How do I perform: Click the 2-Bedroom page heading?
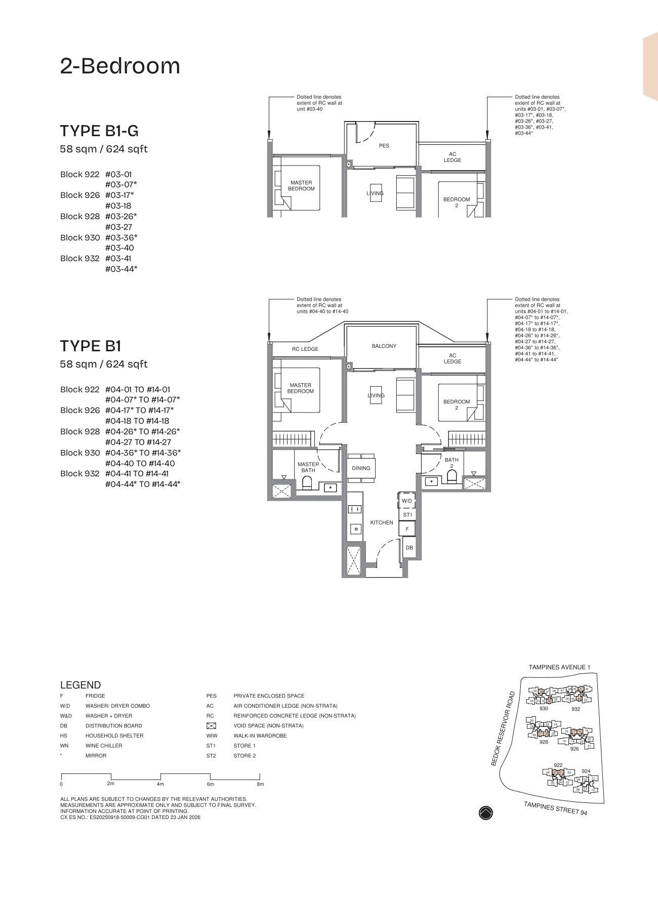(120, 66)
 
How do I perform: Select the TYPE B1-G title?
(99, 131)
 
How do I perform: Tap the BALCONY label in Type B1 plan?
(384, 346)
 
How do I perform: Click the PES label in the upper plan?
(384, 146)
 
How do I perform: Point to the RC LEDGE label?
(305, 349)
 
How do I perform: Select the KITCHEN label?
(381, 522)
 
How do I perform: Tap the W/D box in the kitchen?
(407, 501)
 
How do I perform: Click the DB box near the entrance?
(409, 548)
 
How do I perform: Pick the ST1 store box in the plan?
(407, 515)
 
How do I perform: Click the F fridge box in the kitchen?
(407, 529)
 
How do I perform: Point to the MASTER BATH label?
(308, 467)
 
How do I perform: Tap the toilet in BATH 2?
(452, 477)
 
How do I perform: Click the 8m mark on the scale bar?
(260, 784)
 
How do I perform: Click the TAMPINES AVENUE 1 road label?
(559, 667)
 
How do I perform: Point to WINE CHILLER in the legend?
(104, 746)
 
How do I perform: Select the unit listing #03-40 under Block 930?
(119, 248)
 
